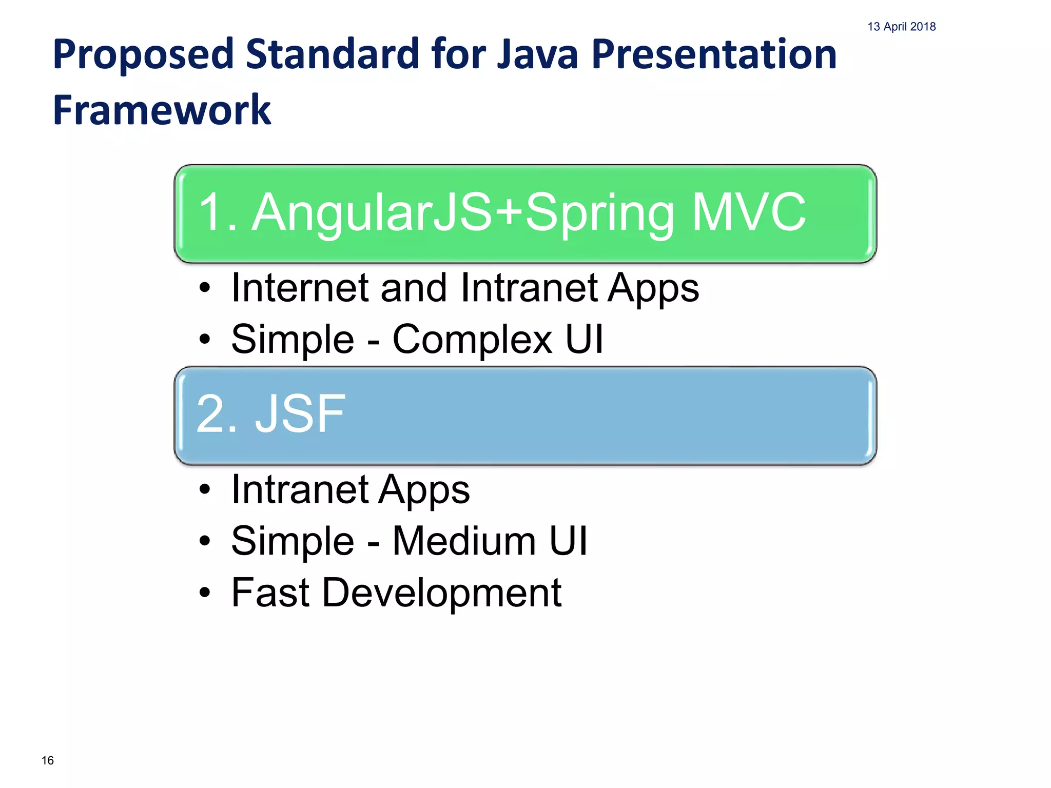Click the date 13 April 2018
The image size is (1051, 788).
point(901,27)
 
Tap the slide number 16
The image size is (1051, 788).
point(48,760)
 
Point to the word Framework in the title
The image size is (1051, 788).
point(162,110)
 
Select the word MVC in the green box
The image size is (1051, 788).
point(749,212)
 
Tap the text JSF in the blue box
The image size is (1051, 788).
point(300,414)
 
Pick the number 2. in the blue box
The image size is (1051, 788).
point(218,414)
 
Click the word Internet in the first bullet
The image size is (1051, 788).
point(300,288)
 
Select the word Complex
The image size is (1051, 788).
point(472,340)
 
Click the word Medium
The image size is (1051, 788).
point(464,541)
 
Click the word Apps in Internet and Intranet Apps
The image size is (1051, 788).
point(653,289)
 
